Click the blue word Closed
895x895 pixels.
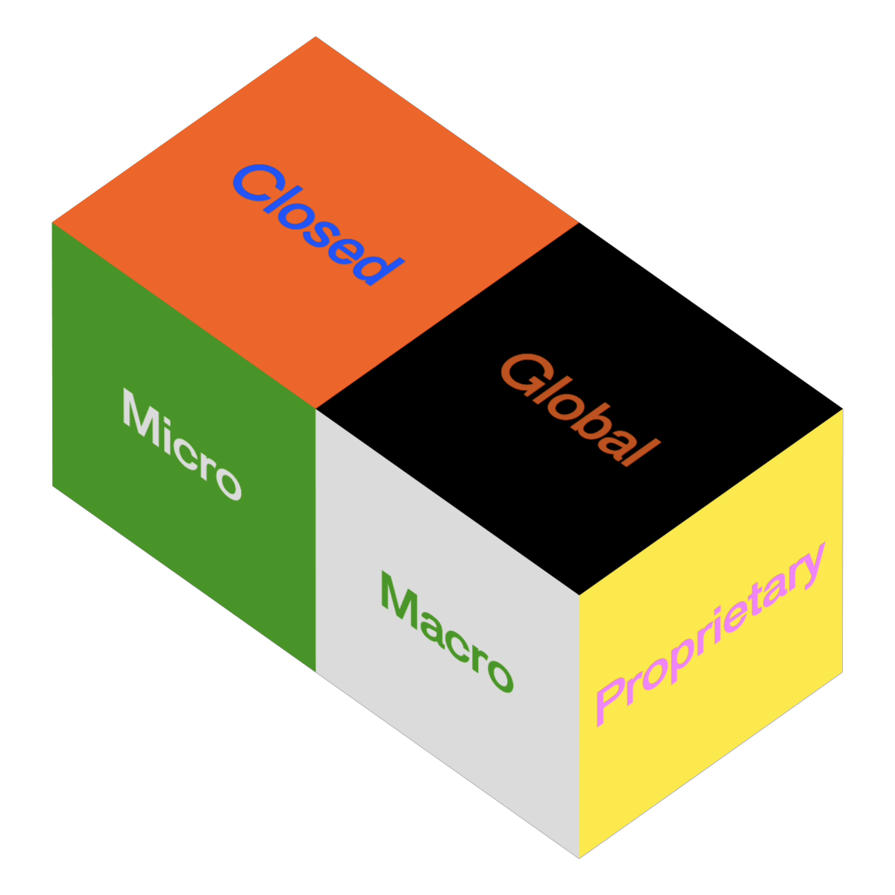318,224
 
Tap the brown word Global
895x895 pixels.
580,409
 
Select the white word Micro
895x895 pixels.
182,444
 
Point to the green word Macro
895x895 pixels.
447,632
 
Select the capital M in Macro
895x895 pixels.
400,599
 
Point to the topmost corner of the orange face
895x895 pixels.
315,37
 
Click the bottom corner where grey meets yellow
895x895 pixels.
580,858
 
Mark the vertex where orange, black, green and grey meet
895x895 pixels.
315,409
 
